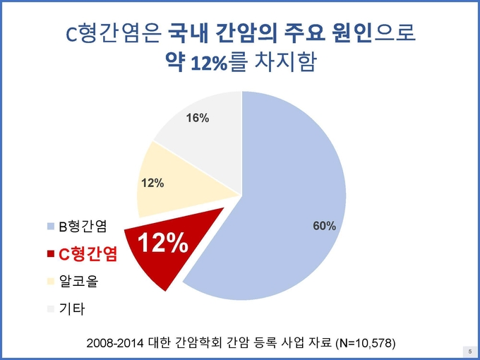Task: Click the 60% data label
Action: pyautogui.click(x=324, y=226)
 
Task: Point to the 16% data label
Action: pyautogui.click(x=198, y=118)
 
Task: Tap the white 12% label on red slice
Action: pyautogui.click(x=162, y=243)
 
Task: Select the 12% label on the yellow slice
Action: pyautogui.click(x=152, y=183)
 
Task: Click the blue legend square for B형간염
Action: pyautogui.click(x=51, y=227)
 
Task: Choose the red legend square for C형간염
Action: pyautogui.click(x=51, y=254)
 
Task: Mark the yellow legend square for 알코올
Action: pyautogui.click(x=51, y=282)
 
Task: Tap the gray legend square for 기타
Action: pyautogui.click(x=51, y=309)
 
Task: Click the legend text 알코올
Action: pyautogui.click(x=78, y=282)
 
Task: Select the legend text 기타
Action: pyautogui.click(x=72, y=309)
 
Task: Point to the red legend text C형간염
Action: pyautogui.click(x=88, y=254)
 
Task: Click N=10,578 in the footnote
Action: pyautogui.click(x=364, y=343)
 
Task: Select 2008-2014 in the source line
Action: pyautogui.click(x=115, y=343)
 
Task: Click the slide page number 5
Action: pyautogui.click(x=470, y=352)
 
